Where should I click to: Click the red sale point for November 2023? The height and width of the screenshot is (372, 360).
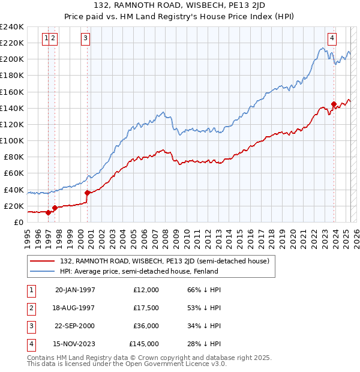coord(334,104)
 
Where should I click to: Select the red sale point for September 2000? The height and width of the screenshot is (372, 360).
coord(88,193)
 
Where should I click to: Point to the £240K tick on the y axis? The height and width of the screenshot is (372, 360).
coord(12,27)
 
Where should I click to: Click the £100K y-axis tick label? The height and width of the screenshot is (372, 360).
coord(12,140)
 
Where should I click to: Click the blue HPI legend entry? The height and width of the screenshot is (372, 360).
coord(139,271)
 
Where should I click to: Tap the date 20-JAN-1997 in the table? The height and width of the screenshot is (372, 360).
coord(75,290)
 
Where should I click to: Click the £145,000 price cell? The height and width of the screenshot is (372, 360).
coord(144,344)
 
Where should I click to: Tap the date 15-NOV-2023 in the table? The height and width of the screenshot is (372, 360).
coord(75,344)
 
